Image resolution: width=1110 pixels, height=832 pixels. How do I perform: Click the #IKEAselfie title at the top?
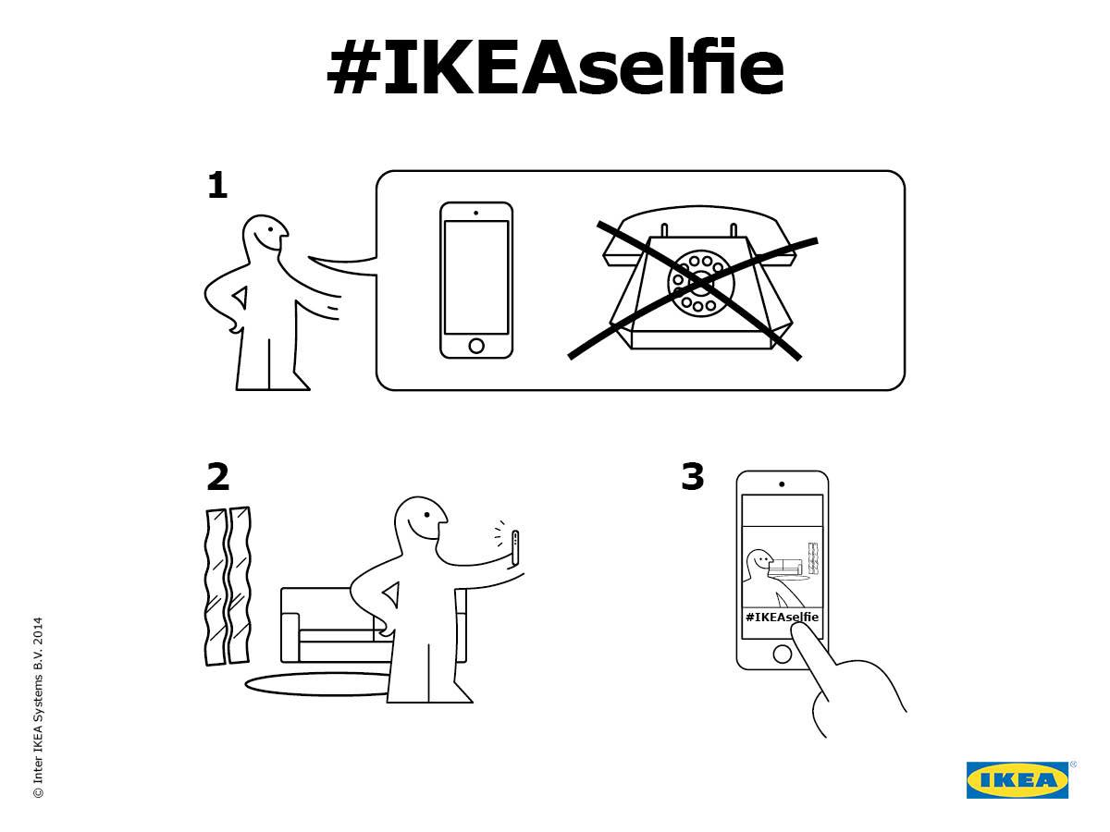click(x=555, y=66)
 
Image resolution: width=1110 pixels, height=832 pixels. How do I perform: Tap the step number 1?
click(x=217, y=185)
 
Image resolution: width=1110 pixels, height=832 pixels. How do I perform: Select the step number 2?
click(x=218, y=476)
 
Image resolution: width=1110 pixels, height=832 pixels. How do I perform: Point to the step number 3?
click(x=692, y=476)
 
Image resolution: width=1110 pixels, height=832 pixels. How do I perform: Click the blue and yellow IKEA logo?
click(x=1017, y=780)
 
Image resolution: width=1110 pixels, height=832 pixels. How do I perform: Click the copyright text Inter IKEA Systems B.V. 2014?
click(x=38, y=707)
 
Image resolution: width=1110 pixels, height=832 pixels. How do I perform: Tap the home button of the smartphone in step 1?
click(x=476, y=346)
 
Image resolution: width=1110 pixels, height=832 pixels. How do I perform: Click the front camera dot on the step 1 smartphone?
click(x=475, y=213)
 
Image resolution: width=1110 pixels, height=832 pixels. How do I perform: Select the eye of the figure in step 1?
click(x=270, y=229)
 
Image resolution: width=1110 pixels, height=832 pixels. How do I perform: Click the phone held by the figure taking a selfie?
click(x=515, y=548)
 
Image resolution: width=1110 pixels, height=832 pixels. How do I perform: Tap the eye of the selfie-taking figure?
click(x=427, y=515)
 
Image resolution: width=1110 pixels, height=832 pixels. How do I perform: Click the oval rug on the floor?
click(x=318, y=684)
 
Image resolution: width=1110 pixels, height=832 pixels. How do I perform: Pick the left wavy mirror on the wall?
click(x=216, y=586)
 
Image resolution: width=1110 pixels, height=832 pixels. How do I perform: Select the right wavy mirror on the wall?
click(x=240, y=584)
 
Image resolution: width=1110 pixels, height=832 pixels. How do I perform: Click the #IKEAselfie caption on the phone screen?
click(x=782, y=617)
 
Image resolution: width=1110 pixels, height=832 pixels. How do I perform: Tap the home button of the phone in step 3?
click(x=782, y=655)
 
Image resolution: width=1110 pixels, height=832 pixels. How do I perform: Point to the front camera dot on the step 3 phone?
click(x=782, y=484)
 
